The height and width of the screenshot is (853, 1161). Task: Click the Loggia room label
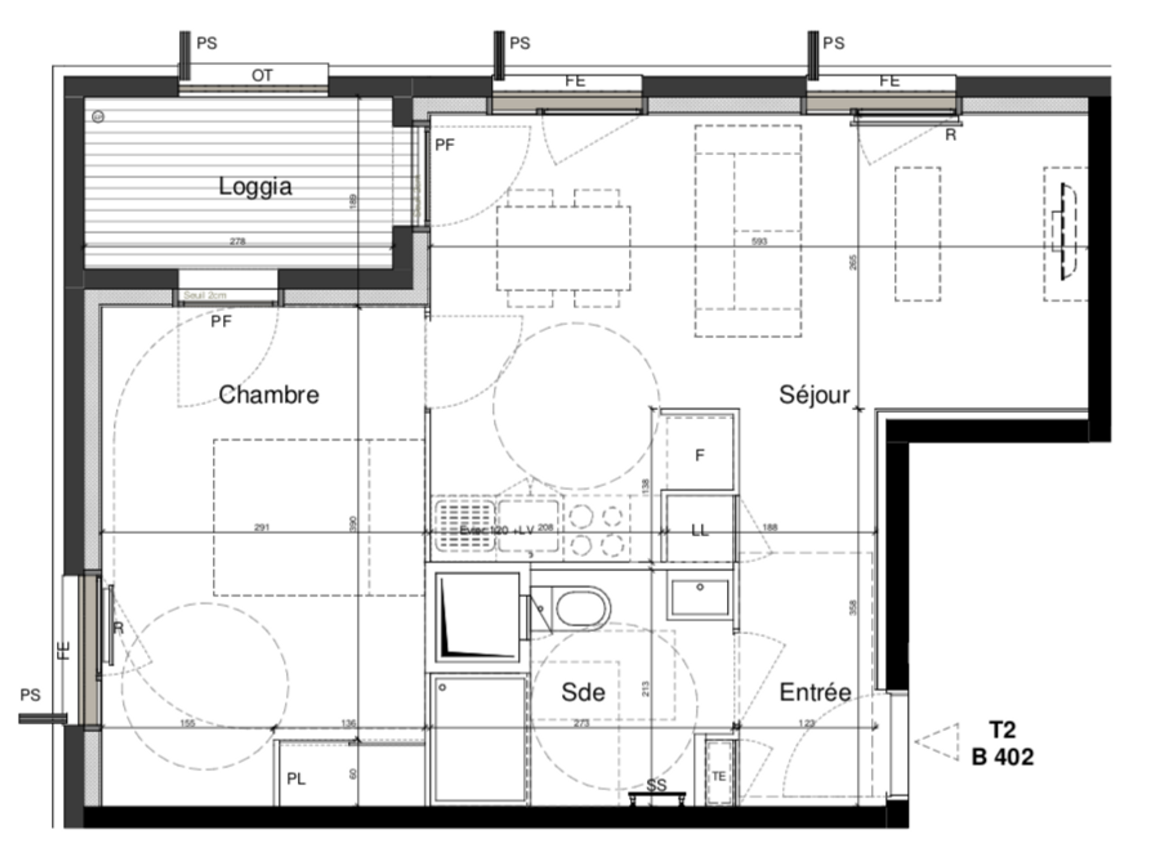coord(255,186)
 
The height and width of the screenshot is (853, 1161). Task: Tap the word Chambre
coord(269,395)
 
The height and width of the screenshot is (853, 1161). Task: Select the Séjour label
coord(814,395)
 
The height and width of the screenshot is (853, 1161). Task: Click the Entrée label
coord(815,692)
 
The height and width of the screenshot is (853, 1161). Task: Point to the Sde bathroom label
coord(583,692)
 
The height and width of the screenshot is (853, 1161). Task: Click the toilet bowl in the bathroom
coord(581,608)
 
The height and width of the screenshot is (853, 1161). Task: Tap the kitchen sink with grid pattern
coord(465,526)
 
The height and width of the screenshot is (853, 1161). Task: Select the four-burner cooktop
coord(596,530)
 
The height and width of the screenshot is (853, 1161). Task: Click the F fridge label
coord(700,455)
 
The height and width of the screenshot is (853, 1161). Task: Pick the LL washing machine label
coord(700,531)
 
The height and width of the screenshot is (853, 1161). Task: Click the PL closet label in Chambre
coord(296,779)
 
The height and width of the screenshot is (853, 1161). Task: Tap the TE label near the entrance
coord(719,776)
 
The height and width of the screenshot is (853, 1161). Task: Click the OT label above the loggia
coord(262,75)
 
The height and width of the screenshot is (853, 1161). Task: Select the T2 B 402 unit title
coord(1002,743)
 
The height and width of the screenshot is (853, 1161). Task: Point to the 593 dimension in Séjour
coord(759,241)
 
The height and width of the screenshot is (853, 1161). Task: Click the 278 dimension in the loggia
coord(238,241)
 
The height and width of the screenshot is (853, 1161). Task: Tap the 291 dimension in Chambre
coord(261,527)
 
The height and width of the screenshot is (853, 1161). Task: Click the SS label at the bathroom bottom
coord(656,785)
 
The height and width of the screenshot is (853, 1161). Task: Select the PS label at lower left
coord(31,695)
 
